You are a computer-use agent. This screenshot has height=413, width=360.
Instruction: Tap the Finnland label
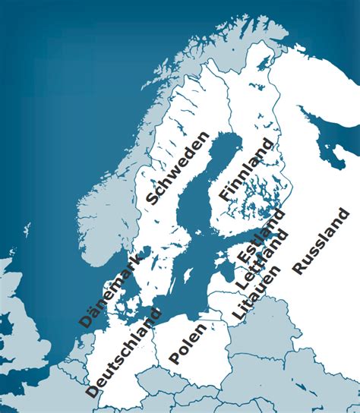tap(245, 170)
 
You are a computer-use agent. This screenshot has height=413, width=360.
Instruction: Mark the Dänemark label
tap(109, 290)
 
